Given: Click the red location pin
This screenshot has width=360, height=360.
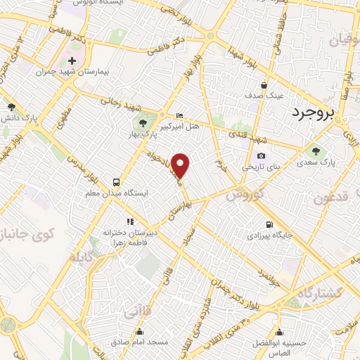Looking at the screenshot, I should pyautogui.click(x=181, y=166).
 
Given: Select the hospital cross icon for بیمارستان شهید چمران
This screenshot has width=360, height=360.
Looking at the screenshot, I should pyautogui.click(x=72, y=61).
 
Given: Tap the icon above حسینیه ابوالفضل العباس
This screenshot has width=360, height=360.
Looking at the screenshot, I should pyautogui.click(x=280, y=332).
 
